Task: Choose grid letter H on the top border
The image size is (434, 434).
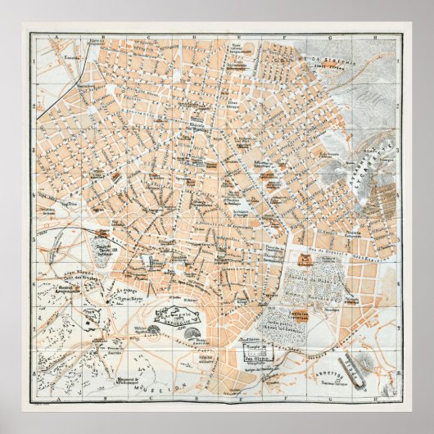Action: coord(374,37)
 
